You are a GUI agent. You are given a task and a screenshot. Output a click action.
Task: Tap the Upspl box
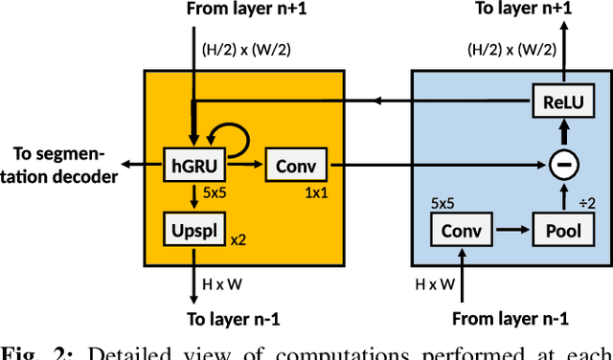[x=194, y=230]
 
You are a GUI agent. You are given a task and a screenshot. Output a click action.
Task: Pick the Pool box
[x=557, y=230]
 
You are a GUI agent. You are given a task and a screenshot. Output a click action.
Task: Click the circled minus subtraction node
[x=565, y=166]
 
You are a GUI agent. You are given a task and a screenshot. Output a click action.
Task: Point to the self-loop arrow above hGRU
[x=236, y=141]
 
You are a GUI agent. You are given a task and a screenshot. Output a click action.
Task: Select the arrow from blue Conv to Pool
[x=511, y=230]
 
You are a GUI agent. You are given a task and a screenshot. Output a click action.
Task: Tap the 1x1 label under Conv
[x=314, y=193]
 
